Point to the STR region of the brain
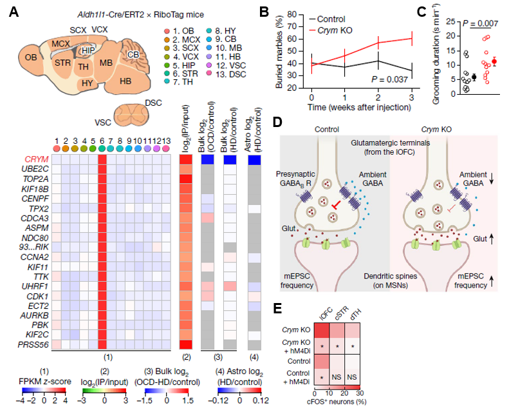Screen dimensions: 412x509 [x=62, y=64]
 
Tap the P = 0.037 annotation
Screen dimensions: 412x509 [x=392, y=79]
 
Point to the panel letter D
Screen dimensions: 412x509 [x=277, y=122]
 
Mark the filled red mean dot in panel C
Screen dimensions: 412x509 [x=494, y=62]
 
